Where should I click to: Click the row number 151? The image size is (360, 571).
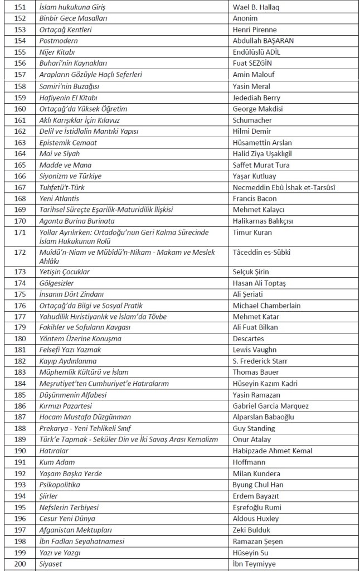coord(20,7)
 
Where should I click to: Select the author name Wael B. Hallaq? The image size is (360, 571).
coord(256,7)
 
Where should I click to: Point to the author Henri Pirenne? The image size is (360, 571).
coord(254,30)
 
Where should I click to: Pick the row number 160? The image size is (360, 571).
coord(20,109)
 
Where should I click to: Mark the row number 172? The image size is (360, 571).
coord(20,253)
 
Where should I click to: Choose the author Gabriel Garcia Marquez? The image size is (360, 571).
coord(270,406)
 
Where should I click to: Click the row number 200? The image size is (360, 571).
coord(20,564)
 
